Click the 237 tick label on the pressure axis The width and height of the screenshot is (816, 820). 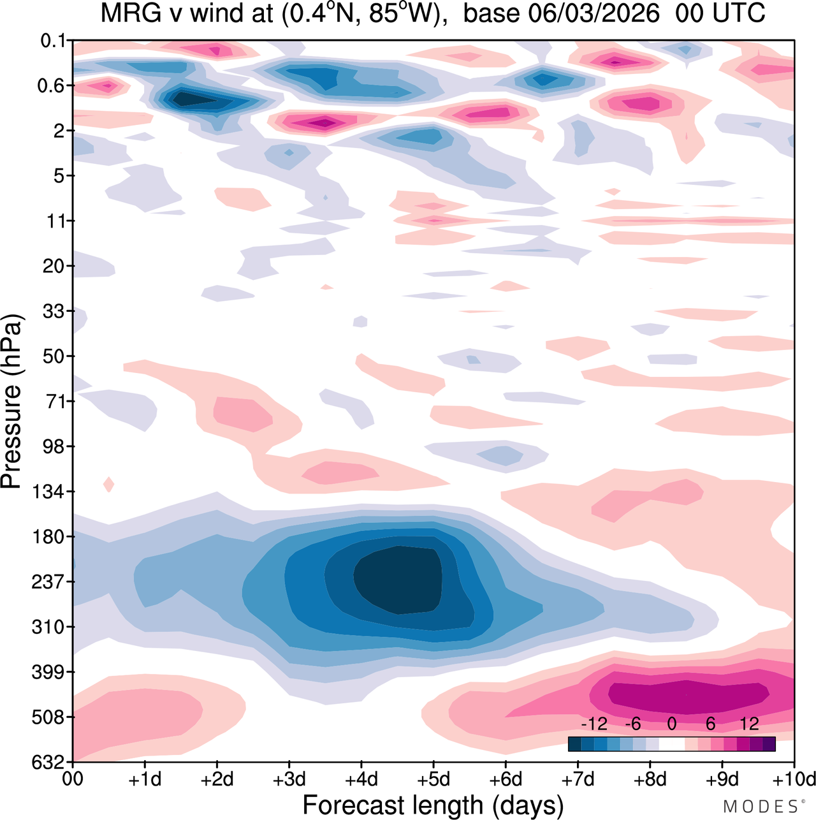pyautogui.click(x=48, y=582)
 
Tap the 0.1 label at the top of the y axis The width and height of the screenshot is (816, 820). pyautogui.click(x=54, y=41)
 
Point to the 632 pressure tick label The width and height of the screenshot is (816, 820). pyautogui.click(x=48, y=762)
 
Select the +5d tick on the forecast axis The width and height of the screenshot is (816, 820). pyautogui.click(x=433, y=779)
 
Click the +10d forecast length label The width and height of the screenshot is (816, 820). pyautogui.click(x=793, y=779)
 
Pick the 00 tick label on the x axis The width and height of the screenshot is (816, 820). pyautogui.click(x=73, y=779)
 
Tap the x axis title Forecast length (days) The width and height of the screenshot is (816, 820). pyautogui.click(x=433, y=805)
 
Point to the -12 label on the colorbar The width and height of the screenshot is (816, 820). pyautogui.click(x=594, y=724)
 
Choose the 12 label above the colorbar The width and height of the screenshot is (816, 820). pyautogui.click(x=750, y=724)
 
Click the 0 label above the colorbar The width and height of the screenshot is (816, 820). pyautogui.click(x=672, y=724)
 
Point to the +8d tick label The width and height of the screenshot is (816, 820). pyautogui.click(x=650, y=779)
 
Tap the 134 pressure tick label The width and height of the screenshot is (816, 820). pyautogui.click(x=48, y=492)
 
